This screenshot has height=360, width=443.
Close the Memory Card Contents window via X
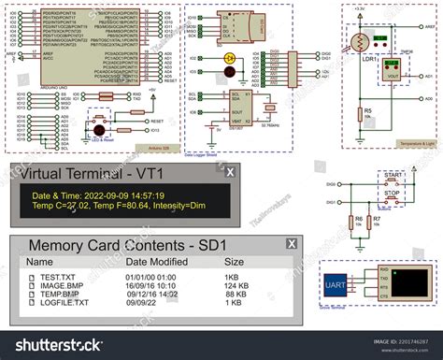pos(291,244)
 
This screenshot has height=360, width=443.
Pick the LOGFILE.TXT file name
pos(64,303)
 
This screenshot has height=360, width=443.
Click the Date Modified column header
pos(162,263)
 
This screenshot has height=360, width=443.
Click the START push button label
pos(394,175)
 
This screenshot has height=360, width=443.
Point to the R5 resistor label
pos(368,110)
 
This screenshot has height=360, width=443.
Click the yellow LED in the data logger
pos(230,58)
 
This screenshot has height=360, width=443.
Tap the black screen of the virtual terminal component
pos(409,282)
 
